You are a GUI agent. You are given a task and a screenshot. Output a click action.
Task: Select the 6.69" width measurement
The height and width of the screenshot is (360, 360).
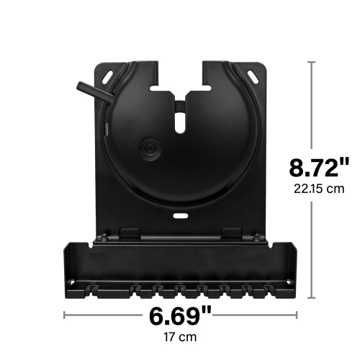pos(181,315)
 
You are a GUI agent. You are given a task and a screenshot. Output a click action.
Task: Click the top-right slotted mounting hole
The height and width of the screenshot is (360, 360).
pos(253,75)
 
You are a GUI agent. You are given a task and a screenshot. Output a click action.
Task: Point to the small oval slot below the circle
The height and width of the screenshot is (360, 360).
pos(179,215)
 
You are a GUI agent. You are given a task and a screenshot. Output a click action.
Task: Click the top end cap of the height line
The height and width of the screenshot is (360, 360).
pos(312,63)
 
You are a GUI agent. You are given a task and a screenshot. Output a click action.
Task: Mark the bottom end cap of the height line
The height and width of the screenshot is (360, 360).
pos(312,297)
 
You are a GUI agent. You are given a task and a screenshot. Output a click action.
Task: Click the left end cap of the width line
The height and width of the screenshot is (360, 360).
pos(64,315)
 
